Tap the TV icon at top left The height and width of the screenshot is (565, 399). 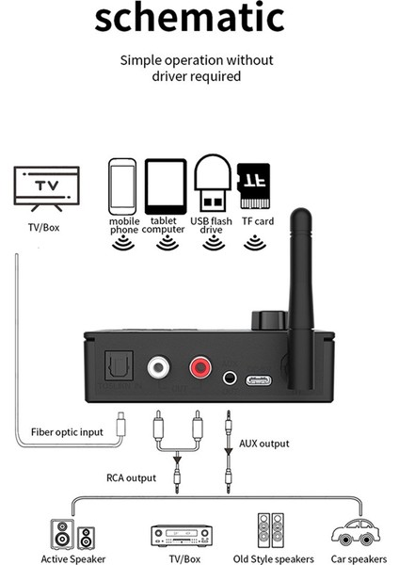pos(44,186)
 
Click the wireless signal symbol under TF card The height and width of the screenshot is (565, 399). pos(252,244)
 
